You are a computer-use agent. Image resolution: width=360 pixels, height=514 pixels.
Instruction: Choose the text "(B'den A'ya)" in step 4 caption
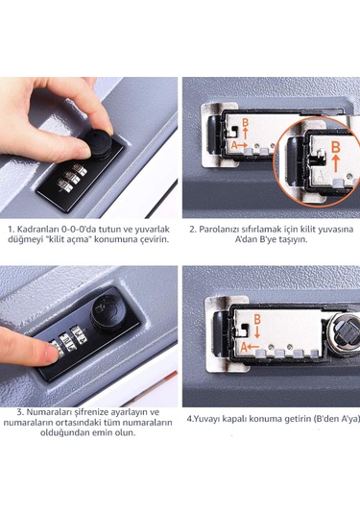(318, 419)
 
